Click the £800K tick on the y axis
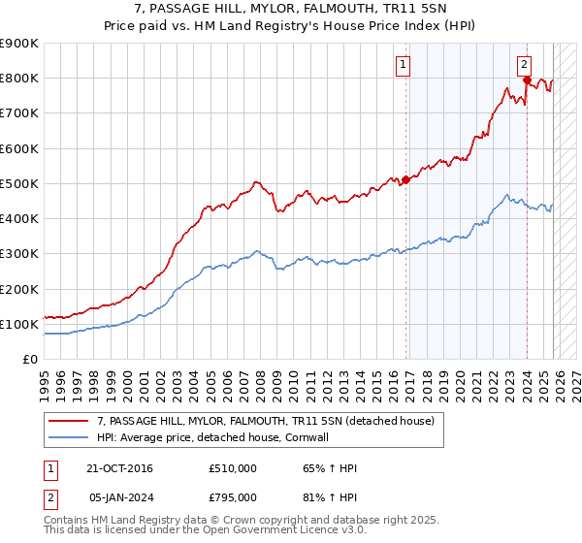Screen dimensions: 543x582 click(18, 79)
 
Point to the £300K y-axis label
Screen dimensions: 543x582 click(18, 254)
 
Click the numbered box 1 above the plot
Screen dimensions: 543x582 click(403, 65)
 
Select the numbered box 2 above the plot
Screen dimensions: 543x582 click(524, 65)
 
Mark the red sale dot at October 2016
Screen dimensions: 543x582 click(405, 179)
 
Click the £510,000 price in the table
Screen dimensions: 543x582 click(232, 468)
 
